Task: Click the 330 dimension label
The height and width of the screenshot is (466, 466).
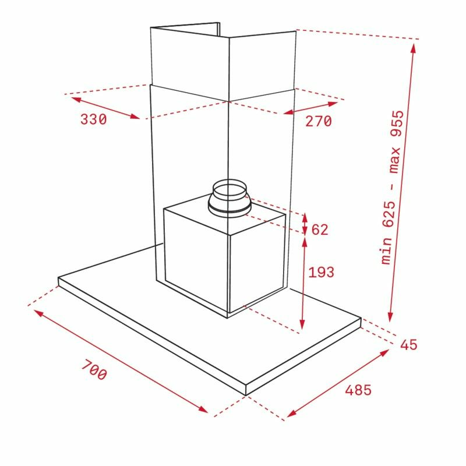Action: coord(93,119)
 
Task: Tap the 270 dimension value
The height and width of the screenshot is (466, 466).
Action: coord(319,121)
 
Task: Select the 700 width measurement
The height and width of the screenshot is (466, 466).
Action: coord(94,369)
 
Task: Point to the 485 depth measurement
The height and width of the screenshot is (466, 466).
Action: coord(358,390)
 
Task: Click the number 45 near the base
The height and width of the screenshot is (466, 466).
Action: coord(409,345)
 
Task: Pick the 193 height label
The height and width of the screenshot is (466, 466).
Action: coord(322,272)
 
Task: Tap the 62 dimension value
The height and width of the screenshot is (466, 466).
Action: coord(320,230)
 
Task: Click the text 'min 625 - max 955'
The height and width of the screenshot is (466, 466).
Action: coord(393,187)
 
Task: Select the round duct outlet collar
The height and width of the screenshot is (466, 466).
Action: coord(229,198)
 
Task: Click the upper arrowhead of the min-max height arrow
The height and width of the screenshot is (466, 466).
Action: coord(413,48)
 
